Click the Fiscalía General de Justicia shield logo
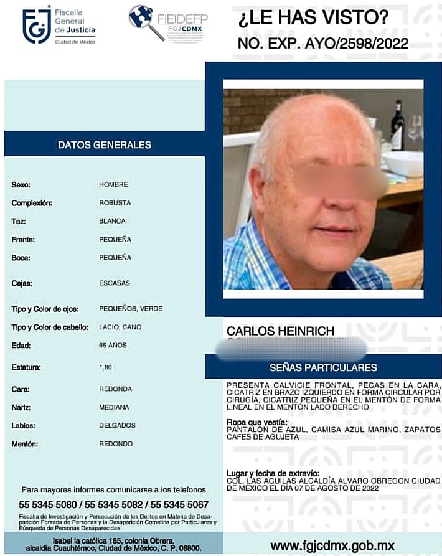point(37,25)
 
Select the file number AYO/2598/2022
point(358,44)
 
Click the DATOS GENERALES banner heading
point(105,144)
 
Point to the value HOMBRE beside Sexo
point(113,184)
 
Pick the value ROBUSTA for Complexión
point(115,202)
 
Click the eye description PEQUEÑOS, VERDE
point(131,308)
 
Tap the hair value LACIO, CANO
point(120,327)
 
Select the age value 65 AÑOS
point(113,345)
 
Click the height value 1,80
point(105,367)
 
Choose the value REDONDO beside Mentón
point(116,444)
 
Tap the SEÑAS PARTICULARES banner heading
point(323,367)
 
